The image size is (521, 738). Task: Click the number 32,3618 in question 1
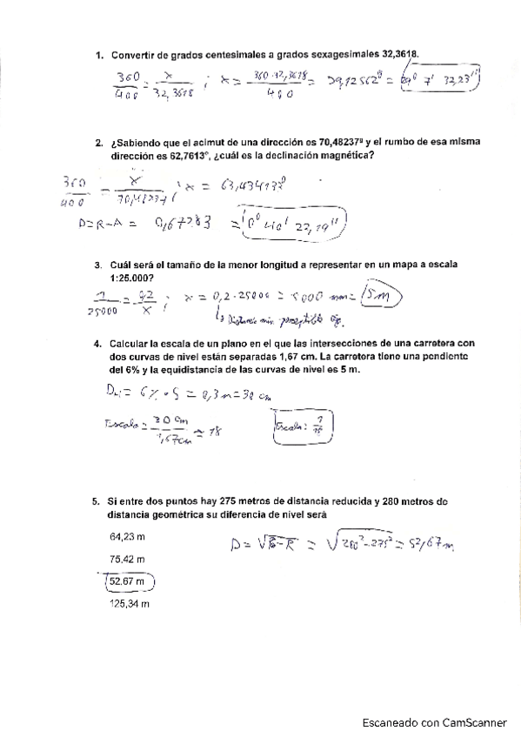(397, 55)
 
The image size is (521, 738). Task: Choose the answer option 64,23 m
(126, 537)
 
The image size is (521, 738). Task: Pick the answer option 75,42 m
(126, 559)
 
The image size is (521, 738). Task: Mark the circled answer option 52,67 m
(127, 580)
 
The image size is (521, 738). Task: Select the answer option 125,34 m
(129, 602)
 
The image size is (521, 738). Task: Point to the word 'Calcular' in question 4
(132, 344)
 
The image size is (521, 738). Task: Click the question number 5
(96, 501)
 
